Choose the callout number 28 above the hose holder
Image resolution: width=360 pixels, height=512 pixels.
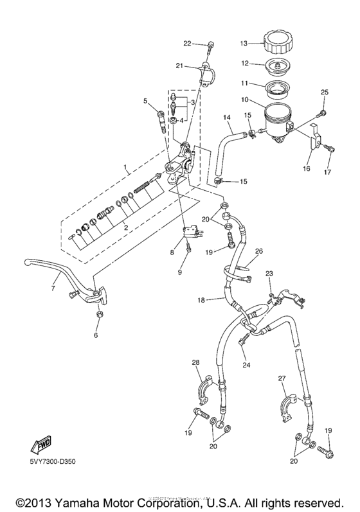195,364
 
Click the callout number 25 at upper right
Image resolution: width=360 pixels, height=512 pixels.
325,93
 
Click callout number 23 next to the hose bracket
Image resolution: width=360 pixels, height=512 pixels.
269,273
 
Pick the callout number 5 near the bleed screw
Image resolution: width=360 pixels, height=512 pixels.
145,100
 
